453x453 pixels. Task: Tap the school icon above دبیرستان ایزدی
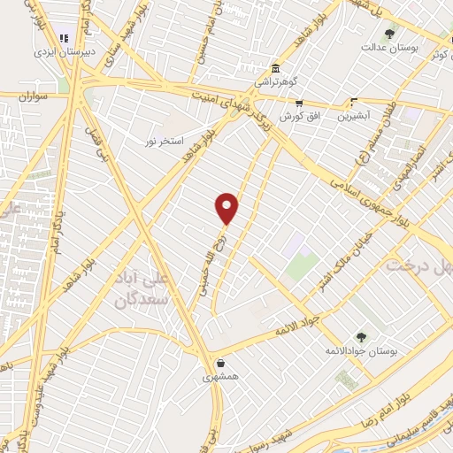[x=63, y=38]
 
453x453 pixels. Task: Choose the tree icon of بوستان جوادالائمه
[x=360, y=337]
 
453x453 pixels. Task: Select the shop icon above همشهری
[x=219, y=363]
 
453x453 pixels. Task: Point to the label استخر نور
[x=167, y=141]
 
